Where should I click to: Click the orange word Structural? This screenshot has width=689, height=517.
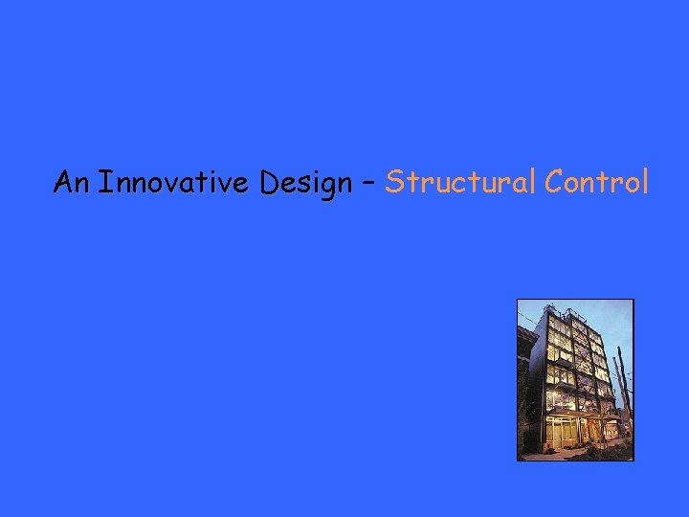460,181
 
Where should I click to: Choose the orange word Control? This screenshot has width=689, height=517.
596,181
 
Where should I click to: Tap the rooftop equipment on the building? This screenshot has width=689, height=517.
572,314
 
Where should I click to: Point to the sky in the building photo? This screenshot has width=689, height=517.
617,321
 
